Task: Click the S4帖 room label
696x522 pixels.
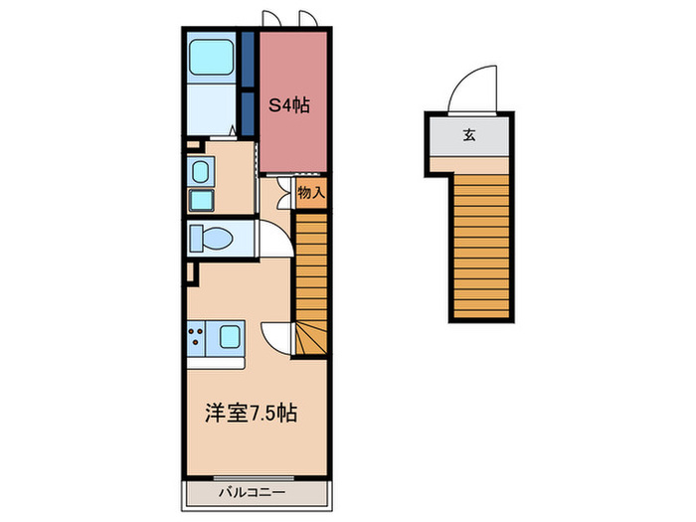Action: [x=289, y=104]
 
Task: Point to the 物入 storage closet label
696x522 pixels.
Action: [x=311, y=192]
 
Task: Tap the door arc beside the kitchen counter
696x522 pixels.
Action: [x=275, y=335]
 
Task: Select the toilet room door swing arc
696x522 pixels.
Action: [x=270, y=239]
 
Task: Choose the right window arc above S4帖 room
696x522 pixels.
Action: [x=307, y=21]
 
